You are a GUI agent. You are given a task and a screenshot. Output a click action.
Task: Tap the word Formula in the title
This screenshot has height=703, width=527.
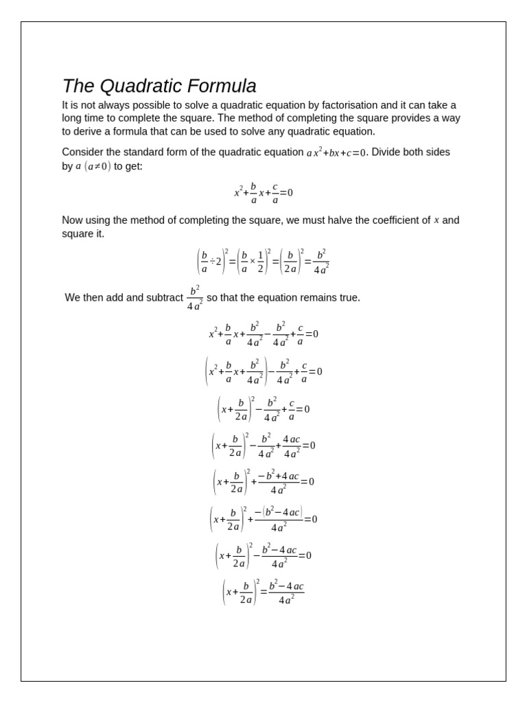click(223, 87)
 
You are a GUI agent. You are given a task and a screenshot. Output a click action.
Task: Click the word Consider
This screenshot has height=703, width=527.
click(83, 152)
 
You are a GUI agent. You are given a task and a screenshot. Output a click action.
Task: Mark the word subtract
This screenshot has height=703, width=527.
click(163, 298)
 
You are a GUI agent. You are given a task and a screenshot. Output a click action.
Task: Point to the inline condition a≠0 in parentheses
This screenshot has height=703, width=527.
click(97, 166)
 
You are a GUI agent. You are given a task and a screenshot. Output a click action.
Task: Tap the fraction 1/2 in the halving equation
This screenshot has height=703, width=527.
click(260, 261)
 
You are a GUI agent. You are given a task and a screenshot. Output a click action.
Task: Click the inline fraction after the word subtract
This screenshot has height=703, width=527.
click(195, 298)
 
